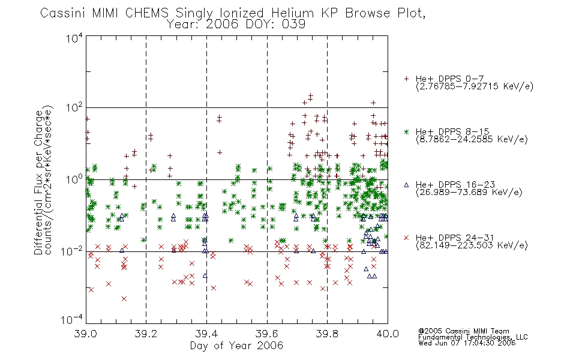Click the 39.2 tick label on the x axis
[146, 334]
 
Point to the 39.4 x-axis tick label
[206, 334]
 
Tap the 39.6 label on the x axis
[267, 334]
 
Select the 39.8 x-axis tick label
[327, 334]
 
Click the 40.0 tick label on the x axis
[388, 334]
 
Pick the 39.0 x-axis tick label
[85, 334]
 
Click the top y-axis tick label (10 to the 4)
[74, 38]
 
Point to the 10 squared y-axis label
[74, 109]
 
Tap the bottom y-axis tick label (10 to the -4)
[73, 320]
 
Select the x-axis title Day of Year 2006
[236, 346]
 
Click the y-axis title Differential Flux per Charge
[38, 182]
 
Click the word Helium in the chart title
[293, 13]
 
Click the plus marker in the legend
[406, 79]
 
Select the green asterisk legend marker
[406, 131]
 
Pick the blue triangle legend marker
[406, 185]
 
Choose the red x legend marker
[406, 238]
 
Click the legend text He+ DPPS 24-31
[455, 238]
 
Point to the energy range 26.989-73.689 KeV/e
[469, 193]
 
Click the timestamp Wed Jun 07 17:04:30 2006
[467, 343]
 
